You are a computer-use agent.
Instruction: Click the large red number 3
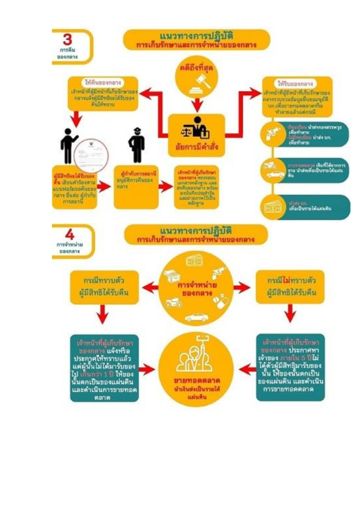click(67, 40)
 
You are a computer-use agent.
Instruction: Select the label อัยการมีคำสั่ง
click(197, 147)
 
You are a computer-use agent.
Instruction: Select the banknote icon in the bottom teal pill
click(273, 206)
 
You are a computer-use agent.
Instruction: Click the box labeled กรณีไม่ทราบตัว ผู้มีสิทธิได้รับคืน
click(289, 287)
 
